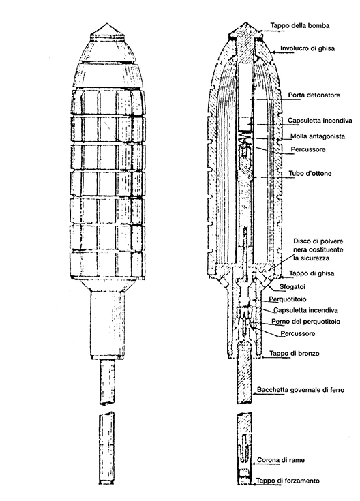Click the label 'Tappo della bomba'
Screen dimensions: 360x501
(x=299, y=25)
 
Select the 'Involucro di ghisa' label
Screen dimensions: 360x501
(x=307, y=48)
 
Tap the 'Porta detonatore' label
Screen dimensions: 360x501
(x=314, y=95)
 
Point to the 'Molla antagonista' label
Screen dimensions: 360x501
(x=318, y=136)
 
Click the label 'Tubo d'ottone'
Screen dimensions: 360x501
(x=310, y=174)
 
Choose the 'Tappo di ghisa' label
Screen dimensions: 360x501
(x=312, y=273)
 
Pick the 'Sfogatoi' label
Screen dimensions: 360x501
(x=292, y=286)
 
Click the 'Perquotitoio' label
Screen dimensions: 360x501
(x=288, y=299)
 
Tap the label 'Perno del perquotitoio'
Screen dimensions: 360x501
(x=305, y=321)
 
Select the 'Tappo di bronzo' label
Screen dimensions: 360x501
(x=294, y=353)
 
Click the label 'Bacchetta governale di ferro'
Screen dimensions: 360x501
(x=301, y=389)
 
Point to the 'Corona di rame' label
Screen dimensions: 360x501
(x=281, y=460)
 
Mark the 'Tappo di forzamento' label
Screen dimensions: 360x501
(x=288, y=481)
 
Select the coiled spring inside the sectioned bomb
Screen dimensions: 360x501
(x=244, y=140)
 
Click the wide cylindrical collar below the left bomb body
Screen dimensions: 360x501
(x=108, y=324)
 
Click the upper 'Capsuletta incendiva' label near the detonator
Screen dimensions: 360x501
(x=320, y=121)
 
